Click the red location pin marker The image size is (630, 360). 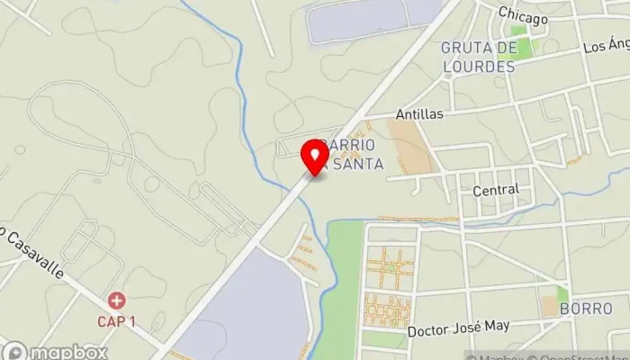(315, 155)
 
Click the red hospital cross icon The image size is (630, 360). (116, 300)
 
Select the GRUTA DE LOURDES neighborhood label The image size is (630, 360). (478, 57)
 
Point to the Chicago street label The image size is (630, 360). (522, 17)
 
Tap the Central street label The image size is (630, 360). (496, 190)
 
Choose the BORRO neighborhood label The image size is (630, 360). (585, 309)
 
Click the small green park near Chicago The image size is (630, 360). (519, 47)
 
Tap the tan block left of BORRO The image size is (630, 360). (549, 306)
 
